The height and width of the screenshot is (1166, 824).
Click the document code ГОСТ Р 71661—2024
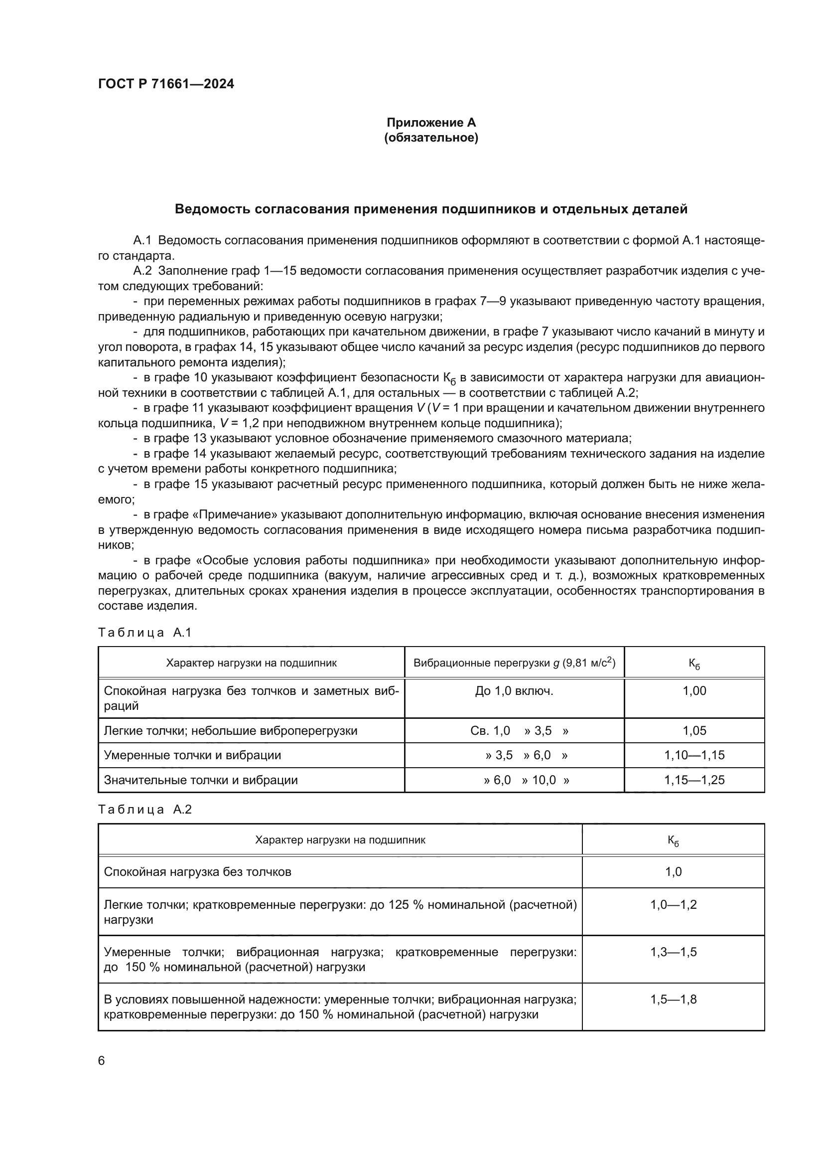click(x=166, y=84)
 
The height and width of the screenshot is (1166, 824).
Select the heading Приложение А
click(x=431, y=123)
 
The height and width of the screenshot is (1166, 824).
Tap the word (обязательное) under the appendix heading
click(x=431, y=138)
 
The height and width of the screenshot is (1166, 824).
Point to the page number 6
click(x=102, y=1061)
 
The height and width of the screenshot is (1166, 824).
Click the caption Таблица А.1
click(x=144, y=633)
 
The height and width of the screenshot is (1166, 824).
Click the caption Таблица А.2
click(x=144, y=810)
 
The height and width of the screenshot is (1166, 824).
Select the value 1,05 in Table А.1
click(x=694, y=731)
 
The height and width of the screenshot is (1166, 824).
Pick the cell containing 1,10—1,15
click(x=694, y=755)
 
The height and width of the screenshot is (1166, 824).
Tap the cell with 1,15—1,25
click(x=694, y=780)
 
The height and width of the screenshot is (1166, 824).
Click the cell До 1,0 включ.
click(x=514, y=691)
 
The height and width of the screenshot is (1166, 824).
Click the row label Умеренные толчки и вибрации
click(x=192, y=755)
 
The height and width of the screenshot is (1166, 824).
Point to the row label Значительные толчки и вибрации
click(x=200, y=780)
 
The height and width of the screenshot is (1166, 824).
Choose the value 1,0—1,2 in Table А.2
click(x=674, y=904)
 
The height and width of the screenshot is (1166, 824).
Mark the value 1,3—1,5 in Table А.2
click(x=674, y=952)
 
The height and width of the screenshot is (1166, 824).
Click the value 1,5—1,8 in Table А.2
click(x=674, y=999)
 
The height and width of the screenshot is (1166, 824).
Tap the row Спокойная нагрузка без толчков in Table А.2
click(x=197, y=872)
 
